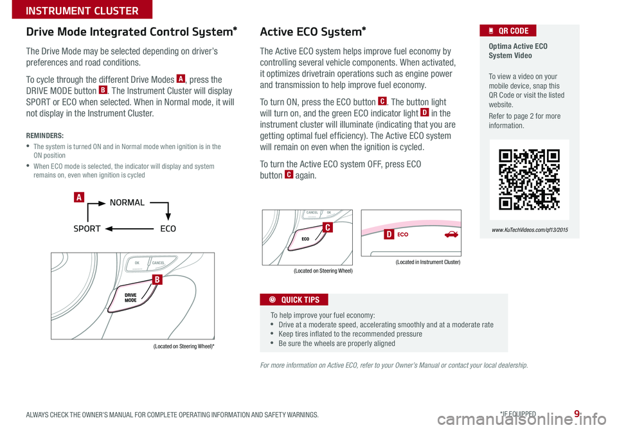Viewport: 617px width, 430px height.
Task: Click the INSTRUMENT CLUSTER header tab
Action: point(75,10)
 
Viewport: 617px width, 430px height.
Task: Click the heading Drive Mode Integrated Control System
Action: point(132,31)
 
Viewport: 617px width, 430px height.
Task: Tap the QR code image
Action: point(529,180)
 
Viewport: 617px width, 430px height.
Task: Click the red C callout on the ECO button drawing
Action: point(327,228)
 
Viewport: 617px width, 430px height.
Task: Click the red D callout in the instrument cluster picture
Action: point(389,235)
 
